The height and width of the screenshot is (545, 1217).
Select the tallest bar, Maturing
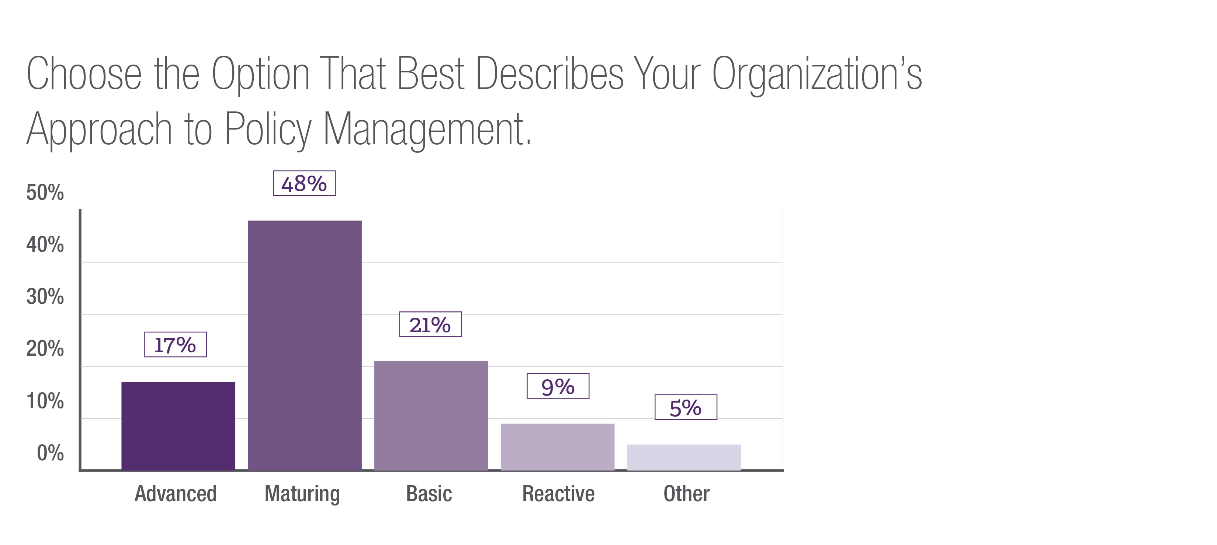305,345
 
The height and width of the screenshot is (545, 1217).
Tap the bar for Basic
431,415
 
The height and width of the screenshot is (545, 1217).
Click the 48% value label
304,183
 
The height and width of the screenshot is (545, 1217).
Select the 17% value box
175,345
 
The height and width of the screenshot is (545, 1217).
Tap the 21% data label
430,325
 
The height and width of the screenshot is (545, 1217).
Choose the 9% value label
558,386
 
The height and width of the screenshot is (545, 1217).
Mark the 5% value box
686,407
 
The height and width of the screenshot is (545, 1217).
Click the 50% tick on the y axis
45,193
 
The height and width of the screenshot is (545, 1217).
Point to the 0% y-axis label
50,453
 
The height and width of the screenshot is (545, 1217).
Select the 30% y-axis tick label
45,297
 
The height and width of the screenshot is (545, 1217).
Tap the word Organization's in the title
817,75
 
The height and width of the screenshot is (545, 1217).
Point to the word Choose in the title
84,75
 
